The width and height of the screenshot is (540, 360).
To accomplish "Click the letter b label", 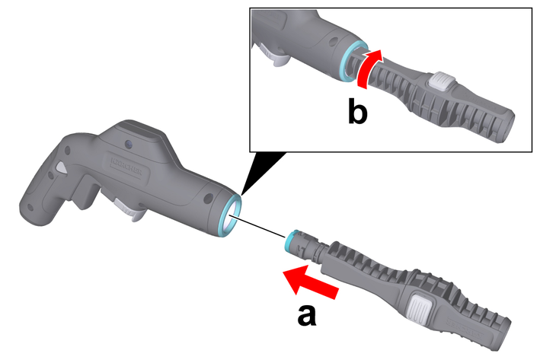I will click(357, 112).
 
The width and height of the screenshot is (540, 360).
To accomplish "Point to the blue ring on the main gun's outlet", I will click(228, 216).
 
